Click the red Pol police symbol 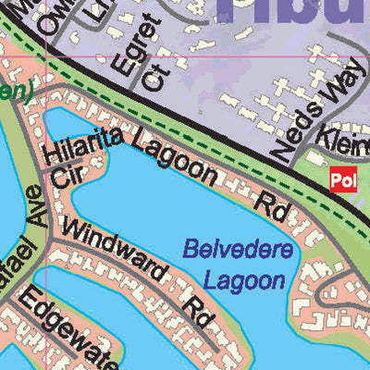[342, 180]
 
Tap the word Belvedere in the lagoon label [238, 250]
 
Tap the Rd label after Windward [197, 308]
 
